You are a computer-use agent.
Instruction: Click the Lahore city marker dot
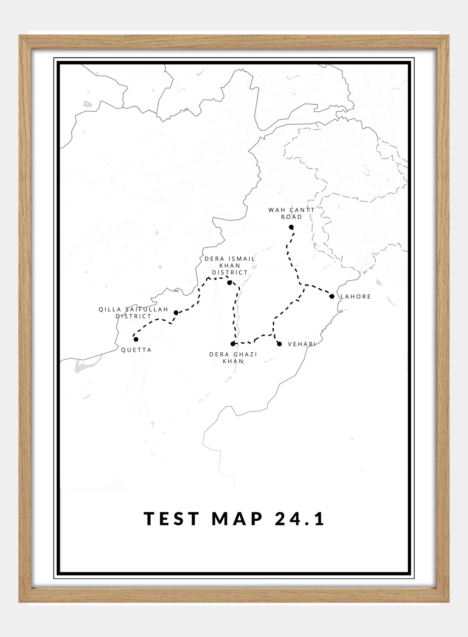[332, 296]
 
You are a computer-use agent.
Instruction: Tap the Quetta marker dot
[136, 339]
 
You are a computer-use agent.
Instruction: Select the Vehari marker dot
[279, 344]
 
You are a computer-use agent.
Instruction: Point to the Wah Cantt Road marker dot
[291, 227]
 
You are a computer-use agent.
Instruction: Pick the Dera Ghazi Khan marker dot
[233, 344]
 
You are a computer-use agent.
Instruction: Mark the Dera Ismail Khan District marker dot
[230, 282]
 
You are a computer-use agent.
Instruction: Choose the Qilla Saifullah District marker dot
[176, 313]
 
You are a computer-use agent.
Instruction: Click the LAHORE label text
[356, 296]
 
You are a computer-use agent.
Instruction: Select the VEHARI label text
[302, 344]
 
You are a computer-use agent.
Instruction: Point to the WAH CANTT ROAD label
[291, 213]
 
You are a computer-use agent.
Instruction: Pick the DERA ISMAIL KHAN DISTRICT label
[230, 266]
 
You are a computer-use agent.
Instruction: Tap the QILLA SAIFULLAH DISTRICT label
[133, 313]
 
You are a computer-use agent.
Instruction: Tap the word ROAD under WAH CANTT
[291, 217]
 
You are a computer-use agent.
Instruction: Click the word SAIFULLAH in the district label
[147, 309]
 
